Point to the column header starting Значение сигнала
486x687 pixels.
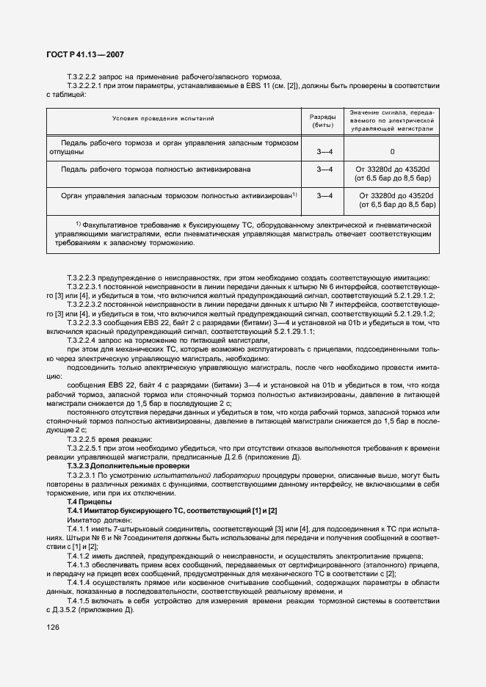tap(392, 120)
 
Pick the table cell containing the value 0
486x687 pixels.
tap(392, 152)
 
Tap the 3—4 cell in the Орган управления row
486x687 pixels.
tap(323, 195)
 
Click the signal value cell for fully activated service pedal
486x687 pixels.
tap(392, 173)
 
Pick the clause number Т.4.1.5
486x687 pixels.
tap(78, 599)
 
